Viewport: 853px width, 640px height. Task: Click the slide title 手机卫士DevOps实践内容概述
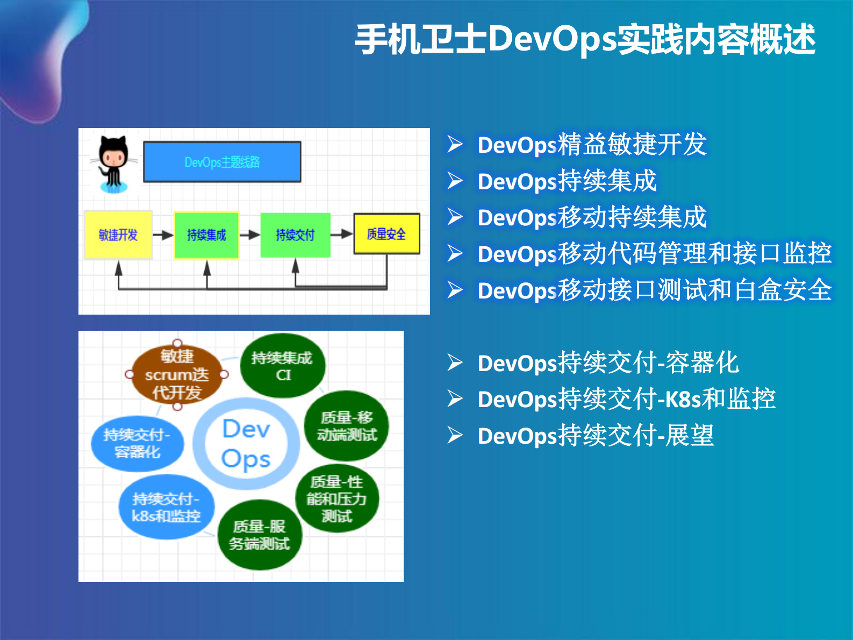point(585,40)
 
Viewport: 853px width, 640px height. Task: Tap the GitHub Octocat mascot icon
point(113,163)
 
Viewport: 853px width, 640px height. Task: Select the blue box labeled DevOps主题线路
point(222,162)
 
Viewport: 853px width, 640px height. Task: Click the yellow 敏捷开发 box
point(118,235)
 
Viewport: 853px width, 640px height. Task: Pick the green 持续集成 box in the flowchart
point(206,235)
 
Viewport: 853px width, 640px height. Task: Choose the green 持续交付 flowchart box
point(295,235)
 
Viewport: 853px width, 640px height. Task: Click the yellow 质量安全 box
point(386,234)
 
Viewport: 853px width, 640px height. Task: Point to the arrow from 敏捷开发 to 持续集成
point(163,235)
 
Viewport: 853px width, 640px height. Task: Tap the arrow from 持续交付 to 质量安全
point(341,234)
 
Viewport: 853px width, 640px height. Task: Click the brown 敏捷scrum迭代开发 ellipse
point(176,374)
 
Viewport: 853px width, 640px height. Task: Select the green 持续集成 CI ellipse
point(282,366)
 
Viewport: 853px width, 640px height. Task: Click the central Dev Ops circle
point(246,444)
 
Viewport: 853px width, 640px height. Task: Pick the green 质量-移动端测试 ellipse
point(347,425)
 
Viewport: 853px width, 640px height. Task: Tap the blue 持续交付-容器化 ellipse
point(137,443)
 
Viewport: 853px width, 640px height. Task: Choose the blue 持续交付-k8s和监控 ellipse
point(166,507)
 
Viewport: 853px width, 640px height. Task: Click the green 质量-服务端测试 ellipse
point(259,535)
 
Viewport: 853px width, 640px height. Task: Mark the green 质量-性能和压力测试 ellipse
point(337,499)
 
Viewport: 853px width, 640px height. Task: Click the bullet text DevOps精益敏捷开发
point(592,145)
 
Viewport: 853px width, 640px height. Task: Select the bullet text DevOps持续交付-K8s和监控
point(626,400)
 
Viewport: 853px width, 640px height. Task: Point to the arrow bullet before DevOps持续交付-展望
point(455,435)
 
